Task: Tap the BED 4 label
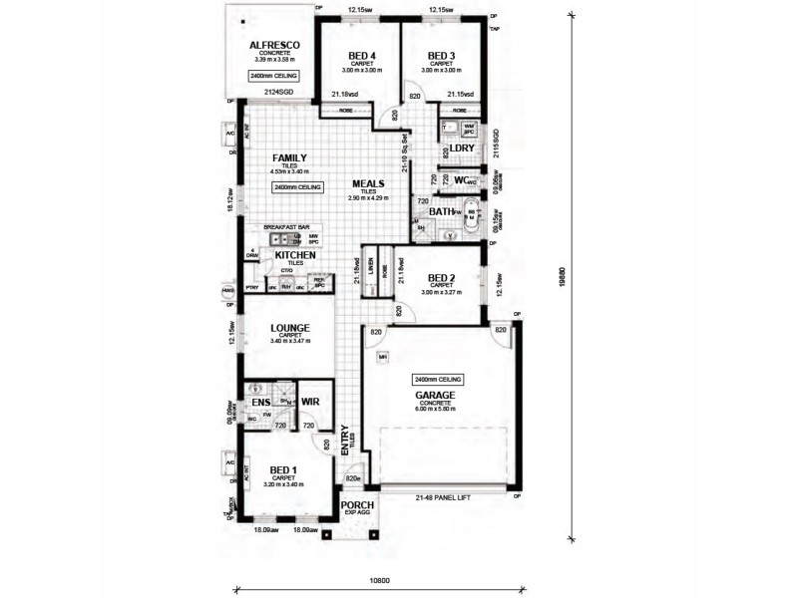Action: point(362,55)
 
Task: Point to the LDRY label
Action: point(462,149)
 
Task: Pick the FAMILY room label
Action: point(290,157)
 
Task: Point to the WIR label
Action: point(309,402)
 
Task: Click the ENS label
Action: point(261,402)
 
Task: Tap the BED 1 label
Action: point(283,468)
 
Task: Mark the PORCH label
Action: point(356,505)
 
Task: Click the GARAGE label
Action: point(436,395)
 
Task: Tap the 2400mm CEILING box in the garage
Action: point(435,380)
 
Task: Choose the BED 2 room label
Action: point(442,278)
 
